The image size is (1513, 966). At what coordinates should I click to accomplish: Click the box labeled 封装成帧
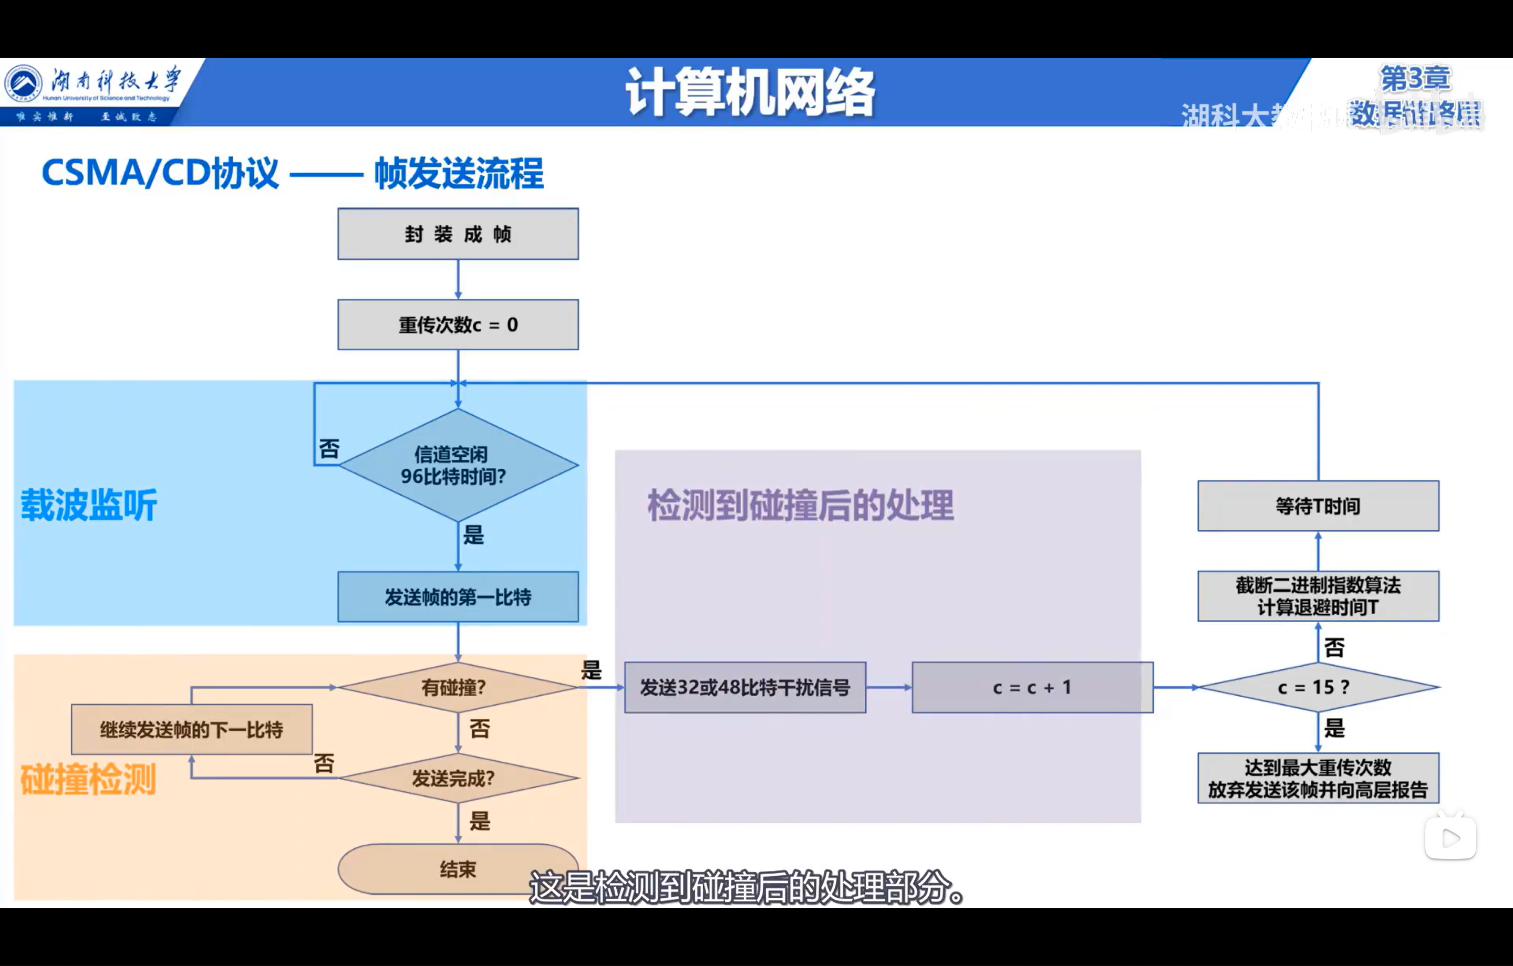pyautogui.click(x=458, y=234)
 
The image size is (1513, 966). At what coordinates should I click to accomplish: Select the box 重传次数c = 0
pyautogui.click(x=458, y=325)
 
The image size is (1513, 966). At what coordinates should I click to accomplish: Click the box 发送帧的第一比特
pyautogui.click(x=458, y=597)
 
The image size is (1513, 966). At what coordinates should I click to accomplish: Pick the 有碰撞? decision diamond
pyautogui.click(x=458, y=687)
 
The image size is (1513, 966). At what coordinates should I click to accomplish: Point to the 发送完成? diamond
pyautogui.click(x=458, y=778)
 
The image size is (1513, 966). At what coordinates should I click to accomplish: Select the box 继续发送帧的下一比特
pyautogui.click(x=192, y=729)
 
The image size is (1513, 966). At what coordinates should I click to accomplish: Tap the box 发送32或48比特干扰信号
pyautogui.click(x=744, y=687)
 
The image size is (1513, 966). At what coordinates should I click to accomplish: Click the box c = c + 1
pyautogui.click(x=1032, y=687)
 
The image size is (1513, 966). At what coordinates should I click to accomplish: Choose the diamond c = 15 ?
pyautogui.click(x=1318, y=687)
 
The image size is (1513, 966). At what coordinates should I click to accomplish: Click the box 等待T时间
pyautogui.click(x=1318, y=506)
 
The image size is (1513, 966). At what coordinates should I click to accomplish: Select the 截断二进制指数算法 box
pyautogui.click(x=1318, y=596)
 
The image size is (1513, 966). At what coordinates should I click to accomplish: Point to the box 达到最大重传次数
pyautogui.click(x=1318, y=778)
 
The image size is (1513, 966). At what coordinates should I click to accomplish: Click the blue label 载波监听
pyautogui.click(x=89, y=505)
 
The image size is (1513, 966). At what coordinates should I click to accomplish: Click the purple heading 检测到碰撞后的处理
pyautogui.click(x=801, y=505)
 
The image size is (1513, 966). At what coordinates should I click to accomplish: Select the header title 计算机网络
pyautogui.click(x=750, y=93)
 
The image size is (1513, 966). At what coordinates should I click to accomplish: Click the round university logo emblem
pyautogui.click(x=23, y=83)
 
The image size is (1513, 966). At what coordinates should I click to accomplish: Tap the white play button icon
pyautogui.click(x=1450, y=838)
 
